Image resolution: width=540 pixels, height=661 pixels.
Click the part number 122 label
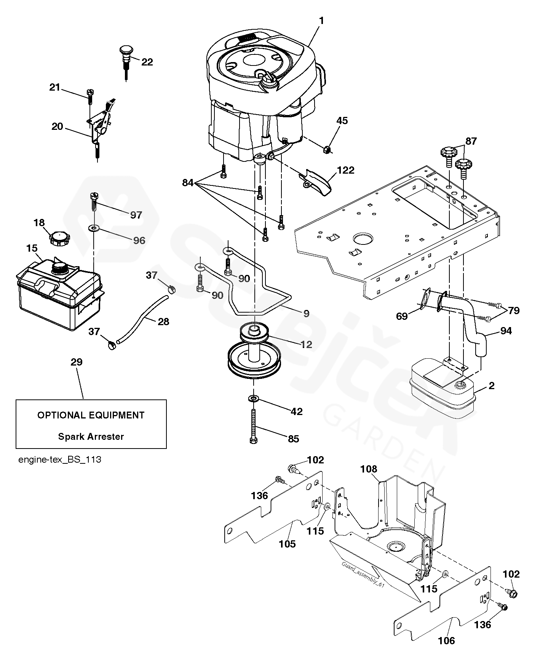pos(345,170)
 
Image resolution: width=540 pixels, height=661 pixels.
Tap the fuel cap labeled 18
pos(58,239)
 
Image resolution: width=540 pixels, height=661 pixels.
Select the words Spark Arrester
pos(91,436)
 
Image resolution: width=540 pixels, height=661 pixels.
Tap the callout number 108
pos(368,469)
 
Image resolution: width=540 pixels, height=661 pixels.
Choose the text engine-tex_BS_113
pos(60,460)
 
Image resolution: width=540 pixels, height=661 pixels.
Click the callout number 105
pos(287,544)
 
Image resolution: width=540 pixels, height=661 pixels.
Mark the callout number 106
pos(446,640)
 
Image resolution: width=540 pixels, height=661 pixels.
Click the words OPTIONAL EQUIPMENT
pos(91,415)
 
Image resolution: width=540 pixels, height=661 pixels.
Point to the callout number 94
pos(506,330)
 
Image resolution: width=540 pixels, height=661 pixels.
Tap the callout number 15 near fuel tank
pos(32,248)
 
